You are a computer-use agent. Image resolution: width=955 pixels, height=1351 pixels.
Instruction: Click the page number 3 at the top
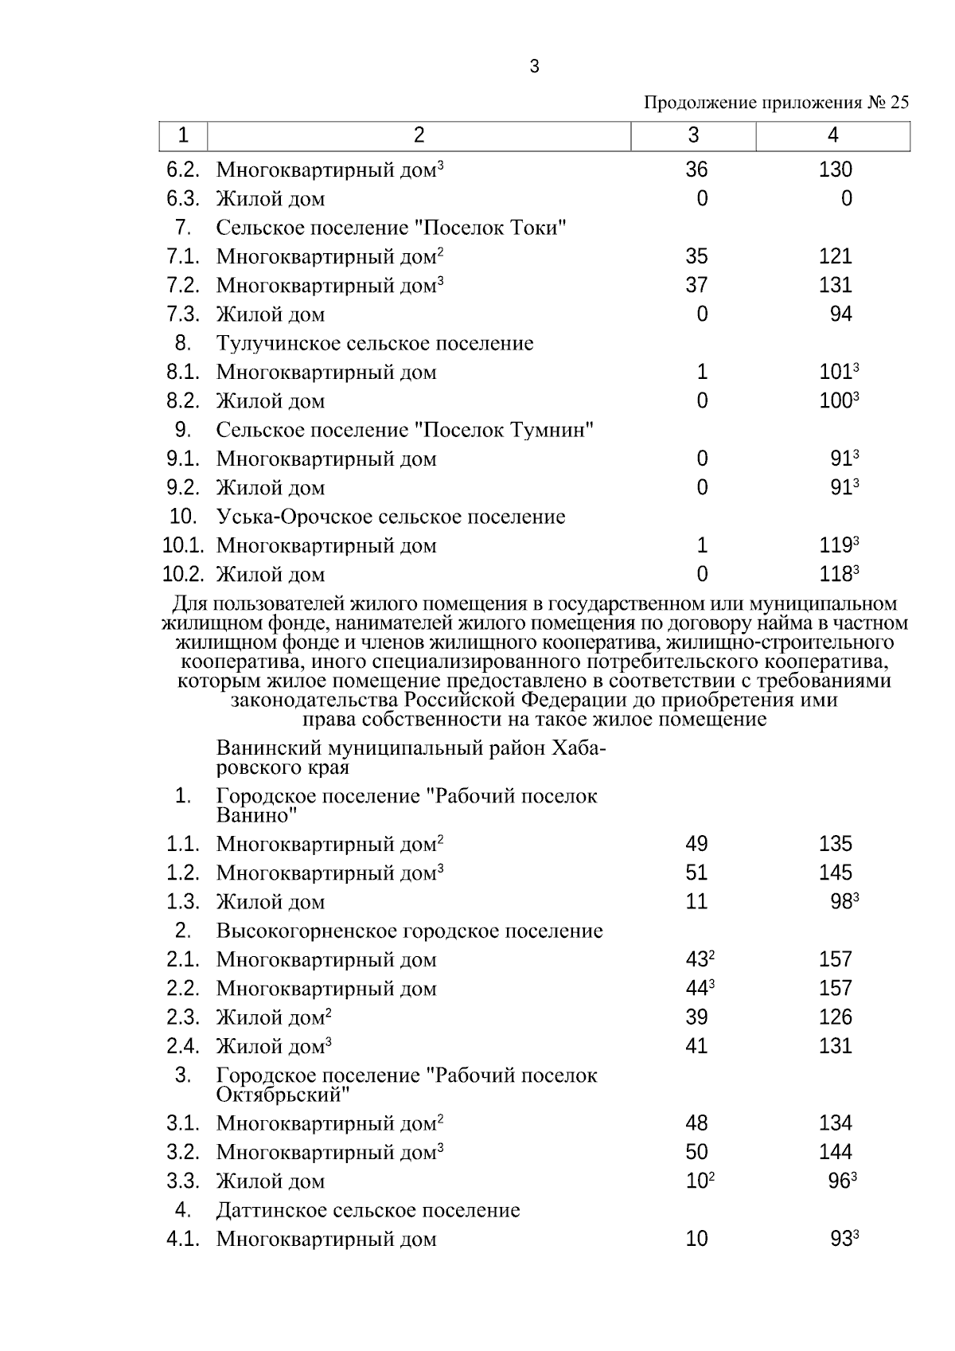point(534,67)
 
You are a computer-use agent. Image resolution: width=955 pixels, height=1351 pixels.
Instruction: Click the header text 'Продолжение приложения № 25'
point(775,103)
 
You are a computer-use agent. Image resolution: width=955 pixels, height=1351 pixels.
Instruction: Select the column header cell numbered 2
point(419,135)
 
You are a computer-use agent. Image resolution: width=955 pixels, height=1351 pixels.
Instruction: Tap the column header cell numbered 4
point(832,135)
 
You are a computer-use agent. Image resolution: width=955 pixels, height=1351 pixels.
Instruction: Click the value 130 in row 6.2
point(835,170)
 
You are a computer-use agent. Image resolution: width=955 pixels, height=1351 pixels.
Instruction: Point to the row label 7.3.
point(182,314)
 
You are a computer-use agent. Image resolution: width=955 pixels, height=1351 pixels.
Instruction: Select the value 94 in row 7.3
point(840,314)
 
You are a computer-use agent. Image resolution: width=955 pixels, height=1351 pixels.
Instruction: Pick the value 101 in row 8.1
point(835,373)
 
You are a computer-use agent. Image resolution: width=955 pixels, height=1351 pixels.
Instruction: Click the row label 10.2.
point(183,575)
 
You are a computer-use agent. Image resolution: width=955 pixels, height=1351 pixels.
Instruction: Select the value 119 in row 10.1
point(835,546)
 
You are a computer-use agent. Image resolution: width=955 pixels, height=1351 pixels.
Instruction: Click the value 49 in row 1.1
point(696,844)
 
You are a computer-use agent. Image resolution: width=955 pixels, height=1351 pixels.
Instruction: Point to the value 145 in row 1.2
point(835,873)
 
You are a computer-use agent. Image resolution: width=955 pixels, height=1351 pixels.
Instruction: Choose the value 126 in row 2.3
point(835,1017)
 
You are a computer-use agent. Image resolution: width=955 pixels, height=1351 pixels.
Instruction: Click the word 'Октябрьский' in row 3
point(283,1095)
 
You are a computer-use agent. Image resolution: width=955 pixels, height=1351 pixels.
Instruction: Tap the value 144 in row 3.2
point(835,1152)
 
